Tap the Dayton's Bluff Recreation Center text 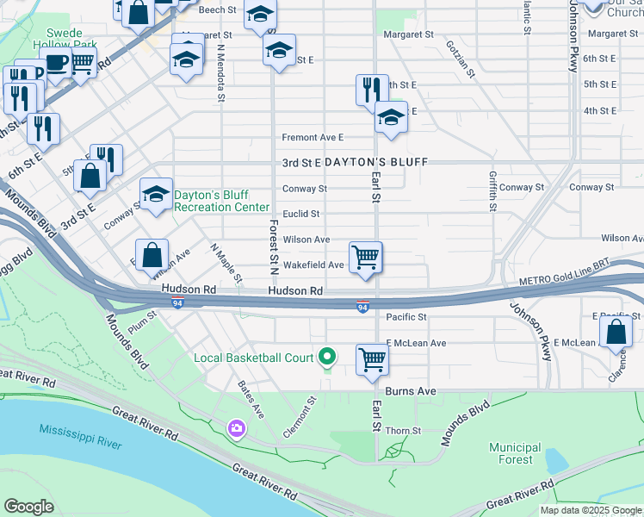[222, 202]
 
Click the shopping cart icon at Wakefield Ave [366, 257]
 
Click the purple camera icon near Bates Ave [235, 428]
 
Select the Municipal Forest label [515, 453]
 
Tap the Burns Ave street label [416, 391]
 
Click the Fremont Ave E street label [313, 137]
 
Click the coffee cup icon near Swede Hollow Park [56, 64]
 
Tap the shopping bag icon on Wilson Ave [152, 255]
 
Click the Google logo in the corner [29, 507]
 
